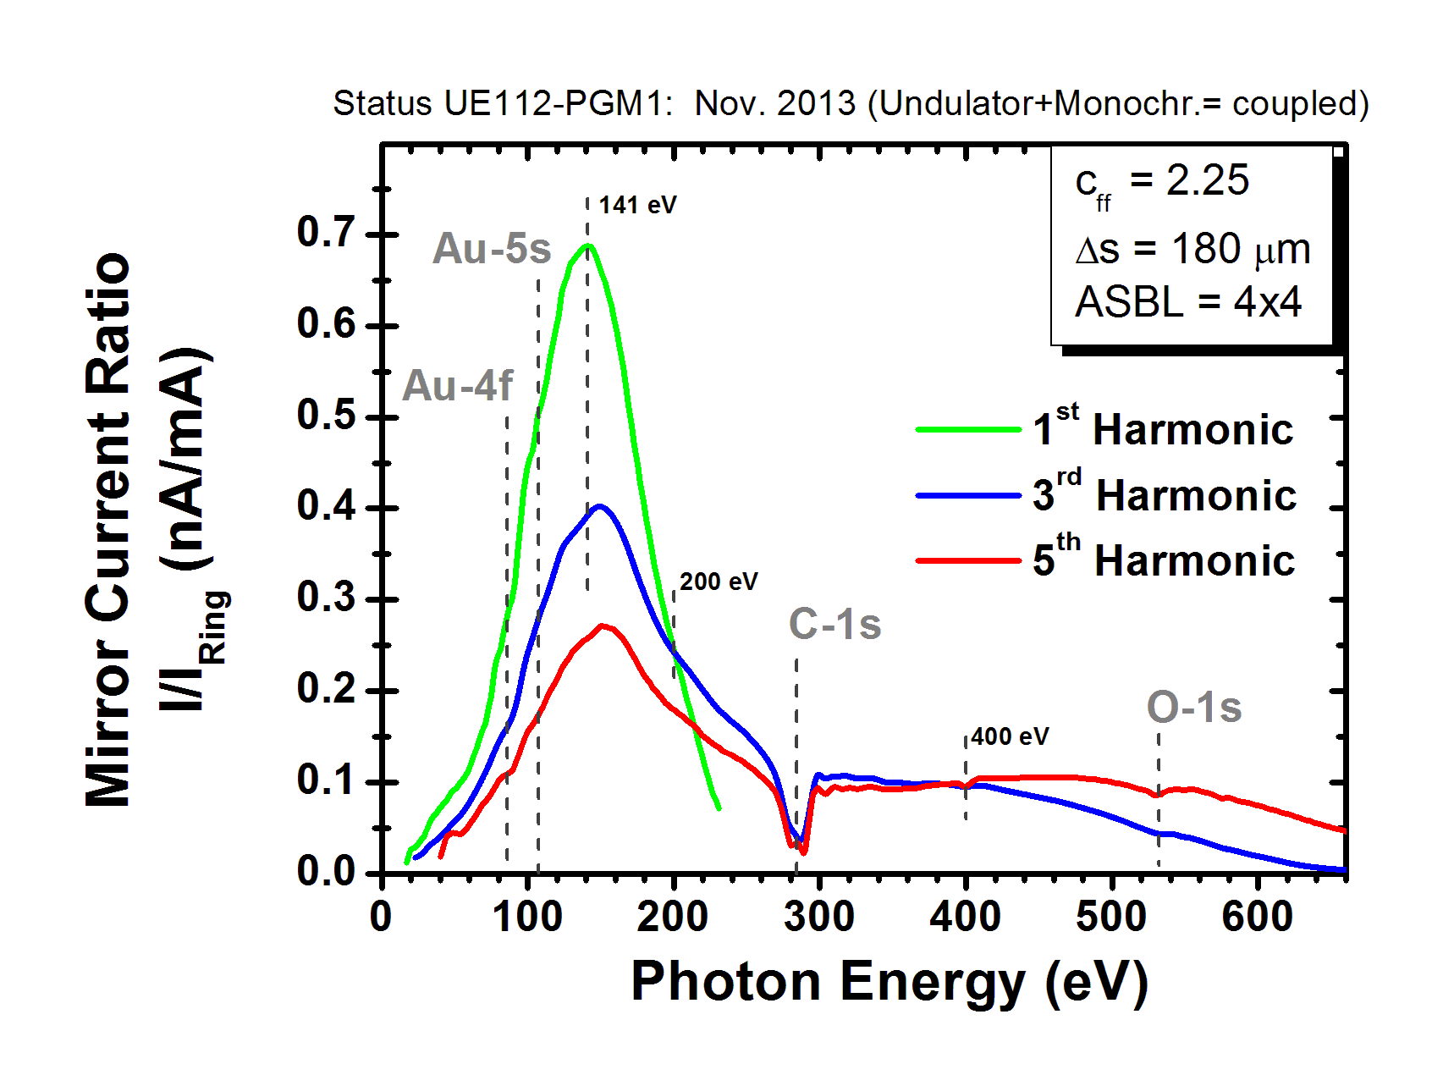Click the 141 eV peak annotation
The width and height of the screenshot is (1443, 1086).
pos(637,206)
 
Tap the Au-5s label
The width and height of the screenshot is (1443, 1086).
pos(492,249)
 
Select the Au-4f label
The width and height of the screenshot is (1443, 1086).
pos(457,386)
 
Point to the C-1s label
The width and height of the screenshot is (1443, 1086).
pos(834,625)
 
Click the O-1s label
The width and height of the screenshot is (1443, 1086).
pos(1193,708)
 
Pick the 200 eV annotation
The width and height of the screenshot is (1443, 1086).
pos(719,582)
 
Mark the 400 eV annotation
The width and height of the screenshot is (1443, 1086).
pos(1010,736)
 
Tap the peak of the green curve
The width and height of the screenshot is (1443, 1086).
pos(587,245)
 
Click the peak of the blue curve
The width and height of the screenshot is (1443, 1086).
pos(600,506)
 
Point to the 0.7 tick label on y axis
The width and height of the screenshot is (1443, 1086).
pos(325,233)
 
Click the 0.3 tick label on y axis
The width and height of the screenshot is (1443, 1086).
pos(325,598)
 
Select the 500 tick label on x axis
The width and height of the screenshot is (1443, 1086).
pos(1110,917)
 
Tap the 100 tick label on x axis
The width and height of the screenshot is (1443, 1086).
pos(526,917)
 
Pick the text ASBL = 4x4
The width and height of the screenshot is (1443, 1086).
pos(1187,302)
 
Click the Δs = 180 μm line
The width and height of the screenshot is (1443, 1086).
pos(1192,249)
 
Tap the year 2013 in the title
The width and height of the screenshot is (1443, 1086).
pos(817,103)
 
